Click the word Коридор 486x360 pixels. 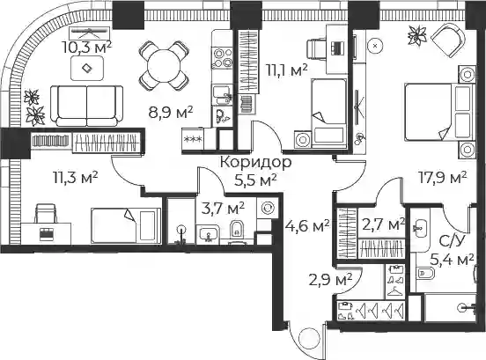(x=255, y=162)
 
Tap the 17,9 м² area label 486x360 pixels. (x=443, y=178)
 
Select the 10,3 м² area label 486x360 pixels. (x=87, y=48)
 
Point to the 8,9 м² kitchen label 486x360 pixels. (x=171, y=112)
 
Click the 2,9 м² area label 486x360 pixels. (x=330, y=280)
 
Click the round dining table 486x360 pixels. (x=164, y=65)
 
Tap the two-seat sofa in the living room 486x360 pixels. (x=87, y=106)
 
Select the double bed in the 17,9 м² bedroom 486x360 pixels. (x=439, y=112)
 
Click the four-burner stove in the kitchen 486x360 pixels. (x=222, y=57)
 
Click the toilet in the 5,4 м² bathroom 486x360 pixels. (x=424, y=274)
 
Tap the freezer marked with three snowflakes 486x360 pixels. (x=193, y=139)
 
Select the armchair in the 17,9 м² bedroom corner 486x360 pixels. (x=448, y=40)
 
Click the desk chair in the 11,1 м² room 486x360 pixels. (x=316, y=49)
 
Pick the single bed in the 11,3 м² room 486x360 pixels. (x=126, y=225)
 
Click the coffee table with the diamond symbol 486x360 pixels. (x=87, y=69)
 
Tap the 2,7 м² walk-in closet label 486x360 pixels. (x=383, y=224)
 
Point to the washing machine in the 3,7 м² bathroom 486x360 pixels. (x=266, y=209)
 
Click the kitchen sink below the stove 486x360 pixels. (x=222, y=95)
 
